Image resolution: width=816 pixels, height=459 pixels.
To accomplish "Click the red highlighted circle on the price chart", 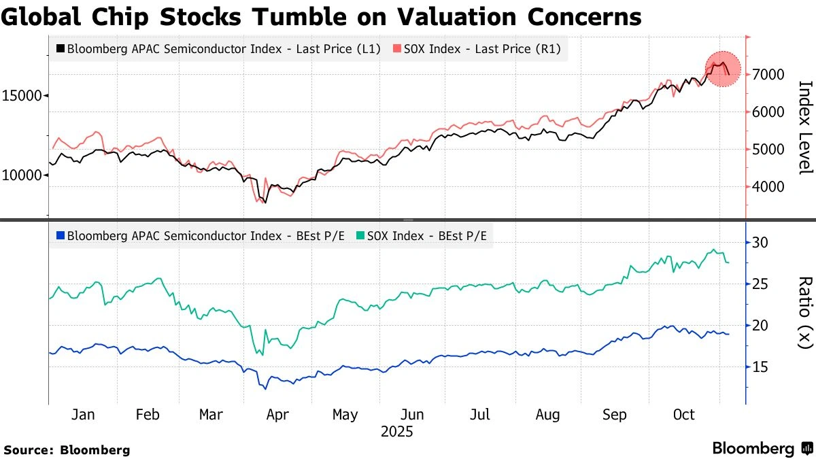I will coord(722,69).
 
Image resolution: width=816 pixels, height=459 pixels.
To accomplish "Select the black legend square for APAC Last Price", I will coord(61,49).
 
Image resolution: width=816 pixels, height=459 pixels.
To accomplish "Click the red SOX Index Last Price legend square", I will coord(396,49).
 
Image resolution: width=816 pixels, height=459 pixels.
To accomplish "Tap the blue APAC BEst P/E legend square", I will coord(61,236).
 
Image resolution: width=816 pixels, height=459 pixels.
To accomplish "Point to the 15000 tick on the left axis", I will coord(22,96).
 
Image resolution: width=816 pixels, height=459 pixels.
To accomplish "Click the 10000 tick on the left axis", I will coord(22,175).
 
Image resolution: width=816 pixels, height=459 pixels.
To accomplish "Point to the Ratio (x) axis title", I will coord(805,312).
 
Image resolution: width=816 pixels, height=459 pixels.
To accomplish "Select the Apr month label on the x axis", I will coord(277,415).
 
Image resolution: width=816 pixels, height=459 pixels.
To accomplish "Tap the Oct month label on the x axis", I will coord(683,415).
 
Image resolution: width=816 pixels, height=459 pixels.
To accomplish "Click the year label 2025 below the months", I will coord(396,432).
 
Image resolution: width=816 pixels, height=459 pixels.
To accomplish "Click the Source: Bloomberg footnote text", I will coord(67,449).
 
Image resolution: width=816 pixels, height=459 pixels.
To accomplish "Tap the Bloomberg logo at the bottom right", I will coord(762,448).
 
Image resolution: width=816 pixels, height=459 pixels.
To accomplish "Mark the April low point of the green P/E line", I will coord(262,354).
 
